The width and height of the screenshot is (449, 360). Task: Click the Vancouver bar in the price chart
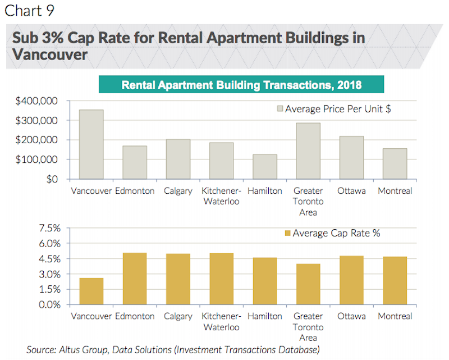click(91, 144)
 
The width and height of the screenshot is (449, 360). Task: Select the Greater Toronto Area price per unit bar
click(308, 151)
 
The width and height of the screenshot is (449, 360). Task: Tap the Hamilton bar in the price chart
click(265, 167)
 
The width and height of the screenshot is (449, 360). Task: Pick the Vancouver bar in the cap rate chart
click(91, 291)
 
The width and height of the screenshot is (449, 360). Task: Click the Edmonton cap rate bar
click(135, 279)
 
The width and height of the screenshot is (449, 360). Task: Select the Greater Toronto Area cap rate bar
click(308, 284)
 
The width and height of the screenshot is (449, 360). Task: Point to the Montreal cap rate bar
click(395, 281)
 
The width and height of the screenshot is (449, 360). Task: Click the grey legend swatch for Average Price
click(280, 109)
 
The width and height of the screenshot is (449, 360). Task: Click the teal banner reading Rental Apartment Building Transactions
click(241, 85)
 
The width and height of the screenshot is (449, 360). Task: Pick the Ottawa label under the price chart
click(352, 191)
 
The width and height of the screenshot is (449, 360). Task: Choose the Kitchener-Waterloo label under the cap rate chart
click(222, 321)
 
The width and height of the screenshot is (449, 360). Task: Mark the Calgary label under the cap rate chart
click(178, 317)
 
